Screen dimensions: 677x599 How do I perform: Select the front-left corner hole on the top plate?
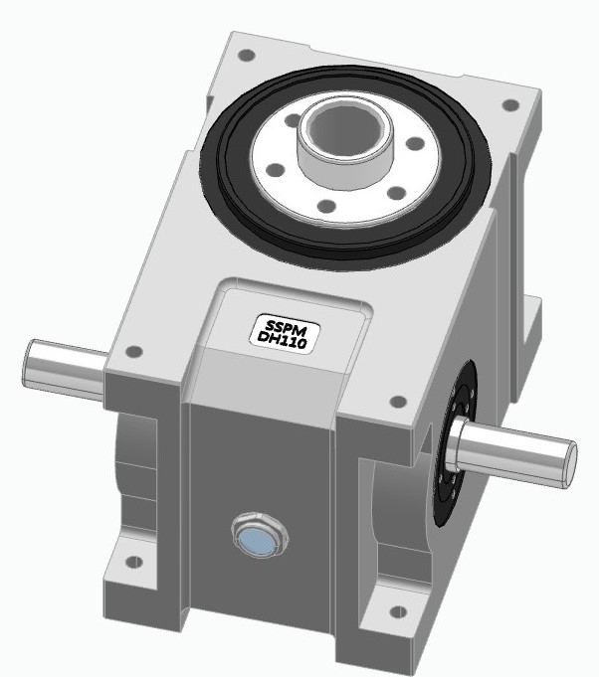[x=133, y=350]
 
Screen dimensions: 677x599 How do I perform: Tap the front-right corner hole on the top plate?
[x=397, y=402]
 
